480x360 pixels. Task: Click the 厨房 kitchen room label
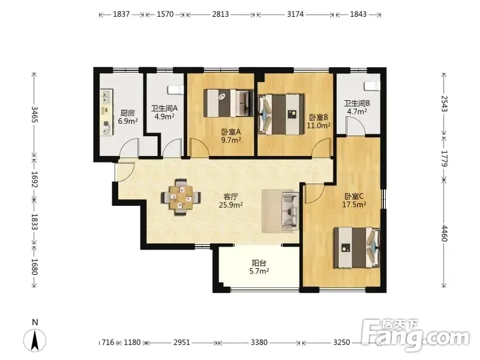pos(127,113)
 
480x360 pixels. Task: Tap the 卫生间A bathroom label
pos(164,109)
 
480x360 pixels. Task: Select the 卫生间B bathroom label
pos(357,103)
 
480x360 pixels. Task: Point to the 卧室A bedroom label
pos(231,132)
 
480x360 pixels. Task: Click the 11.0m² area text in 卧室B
pos(319,125)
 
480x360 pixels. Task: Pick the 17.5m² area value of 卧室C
pos(354,204)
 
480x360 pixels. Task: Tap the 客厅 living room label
pos(230,197)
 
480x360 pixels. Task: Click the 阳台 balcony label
pos(259,263)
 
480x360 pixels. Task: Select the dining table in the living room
pos(181,197)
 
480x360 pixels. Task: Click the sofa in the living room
pos(290,211)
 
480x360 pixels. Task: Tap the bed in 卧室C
pos(357,248)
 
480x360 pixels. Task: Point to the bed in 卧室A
pos(229,103)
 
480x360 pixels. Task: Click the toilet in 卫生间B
pos(372,86)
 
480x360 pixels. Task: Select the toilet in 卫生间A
pos(175,89)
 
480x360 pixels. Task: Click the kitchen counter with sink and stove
pos(107,112)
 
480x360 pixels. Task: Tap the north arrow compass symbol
pos(35,340)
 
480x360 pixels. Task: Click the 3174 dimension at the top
pos(295,14)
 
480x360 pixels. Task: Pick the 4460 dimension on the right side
pos(444,233)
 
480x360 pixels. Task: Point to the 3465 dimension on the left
pos(34,115)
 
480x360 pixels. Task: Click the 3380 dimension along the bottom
pos(259,342)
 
